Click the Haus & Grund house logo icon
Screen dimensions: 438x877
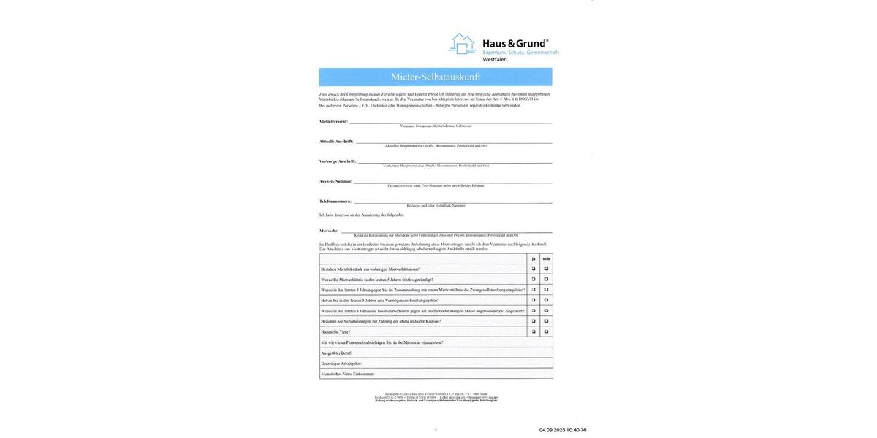pyautogui.click(x=462, y=44)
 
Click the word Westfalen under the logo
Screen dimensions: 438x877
pyautogui.click(x=495, y=60)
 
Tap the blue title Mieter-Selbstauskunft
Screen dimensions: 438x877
pyautogui.click(x=436, y=77)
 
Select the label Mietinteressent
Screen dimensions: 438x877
pyautogui.click(x=333, y=121)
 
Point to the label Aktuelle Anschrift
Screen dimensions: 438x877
pyautogui.click(x=336, y=142)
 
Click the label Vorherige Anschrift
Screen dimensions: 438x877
pyautogui.click(x=338, y=161)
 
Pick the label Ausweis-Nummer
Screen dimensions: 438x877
pyautogui.click(x=335, y=181)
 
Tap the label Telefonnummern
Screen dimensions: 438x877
pyautogui.click(x=335, y=201)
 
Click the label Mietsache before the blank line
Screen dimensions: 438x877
pyautogui.click(x=329, y=231)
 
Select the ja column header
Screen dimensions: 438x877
pyautogui.click(x=534, y=258)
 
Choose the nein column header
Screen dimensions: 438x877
pyautogui.click(x=546, y=258)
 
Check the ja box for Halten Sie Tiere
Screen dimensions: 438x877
pyautogui.click(x=534, y=331)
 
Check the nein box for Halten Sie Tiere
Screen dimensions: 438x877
pyautogui.click(x=546, y=331)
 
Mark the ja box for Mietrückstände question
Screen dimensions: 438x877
pyautogui.click(x=534, y=269)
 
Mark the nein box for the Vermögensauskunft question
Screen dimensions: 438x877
pyautogui.click(x=546, y=300)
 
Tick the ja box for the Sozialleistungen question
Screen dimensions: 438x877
pyautogui.click(x=534, y=321)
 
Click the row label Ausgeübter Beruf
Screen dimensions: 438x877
pyautogui.click(x=336, y=353)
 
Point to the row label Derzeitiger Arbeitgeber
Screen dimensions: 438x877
pyautogui.click(x=341, y=364)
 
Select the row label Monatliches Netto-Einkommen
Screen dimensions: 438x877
pyautogui.click(x=347, y=374)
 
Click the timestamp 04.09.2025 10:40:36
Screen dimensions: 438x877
pyautogui.click(x=563, y=430)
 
